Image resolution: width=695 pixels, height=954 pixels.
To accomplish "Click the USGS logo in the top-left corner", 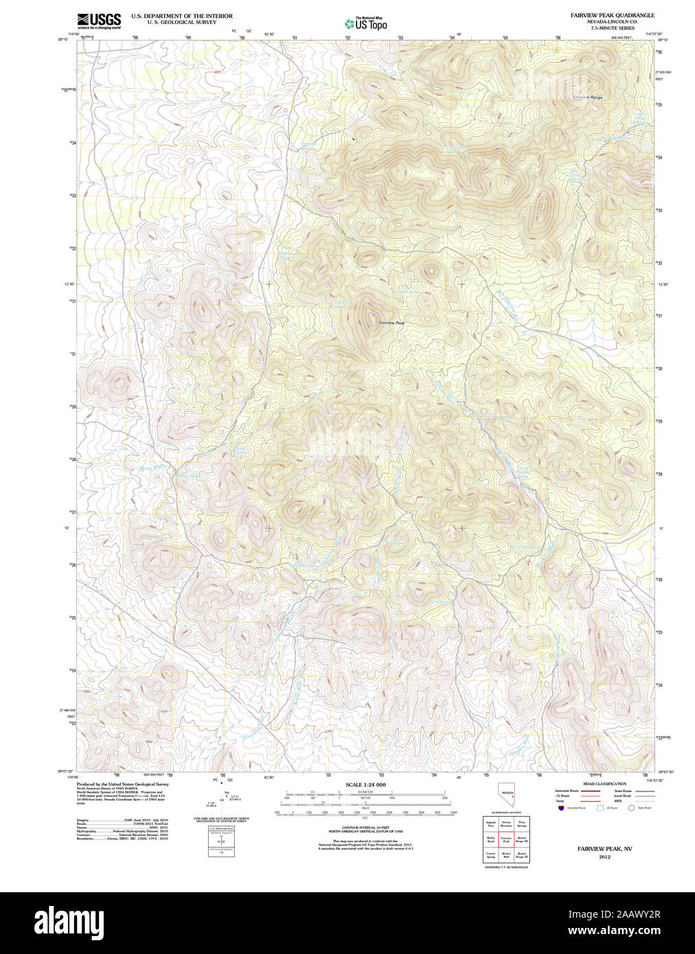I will [x=99, y=19].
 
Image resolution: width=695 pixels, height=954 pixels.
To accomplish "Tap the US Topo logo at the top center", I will [x=366, y=24].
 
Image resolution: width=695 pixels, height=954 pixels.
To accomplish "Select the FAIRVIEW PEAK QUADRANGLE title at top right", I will [x=602, y=15].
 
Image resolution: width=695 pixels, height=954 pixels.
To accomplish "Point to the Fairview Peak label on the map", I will [x=391, y=323].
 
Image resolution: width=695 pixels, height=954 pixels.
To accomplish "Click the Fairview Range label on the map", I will [x=588, y=97].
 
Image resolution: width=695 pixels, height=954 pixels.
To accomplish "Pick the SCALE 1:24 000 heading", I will [x=365, y=784].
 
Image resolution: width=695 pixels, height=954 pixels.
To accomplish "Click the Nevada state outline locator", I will [x=507, y=797].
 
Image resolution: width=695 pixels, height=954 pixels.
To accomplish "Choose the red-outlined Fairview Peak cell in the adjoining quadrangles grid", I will [x=505, y=839].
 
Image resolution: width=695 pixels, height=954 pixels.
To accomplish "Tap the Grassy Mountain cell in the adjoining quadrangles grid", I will [x=505, y=824].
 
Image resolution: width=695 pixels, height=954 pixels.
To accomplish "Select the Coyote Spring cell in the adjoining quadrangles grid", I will [x=490, y=855].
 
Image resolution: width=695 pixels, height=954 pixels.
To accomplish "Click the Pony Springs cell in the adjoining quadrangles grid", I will [x=522, y=824].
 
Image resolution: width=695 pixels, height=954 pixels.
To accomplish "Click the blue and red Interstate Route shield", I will [x=561, y=808].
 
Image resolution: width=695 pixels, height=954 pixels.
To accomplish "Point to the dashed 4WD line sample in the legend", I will [x=645, y=801].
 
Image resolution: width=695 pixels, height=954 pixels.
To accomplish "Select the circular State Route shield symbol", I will [x=631, y=808].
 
